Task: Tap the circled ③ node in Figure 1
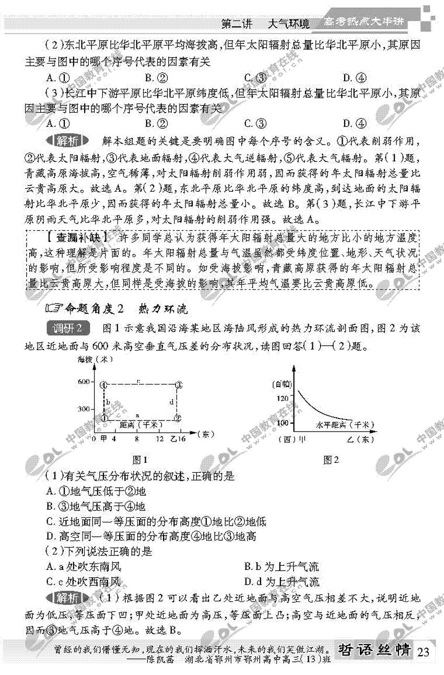click(179, 385)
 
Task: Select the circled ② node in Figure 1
click(178, 417)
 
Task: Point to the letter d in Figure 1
click(172, 401)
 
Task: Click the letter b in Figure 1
click(108, 402)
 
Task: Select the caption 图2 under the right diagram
click(331, 460)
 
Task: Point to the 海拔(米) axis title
click(92, 360)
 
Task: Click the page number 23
click(424, 651)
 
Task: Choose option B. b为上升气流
click(282, 567)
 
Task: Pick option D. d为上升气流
click(282, 581)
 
